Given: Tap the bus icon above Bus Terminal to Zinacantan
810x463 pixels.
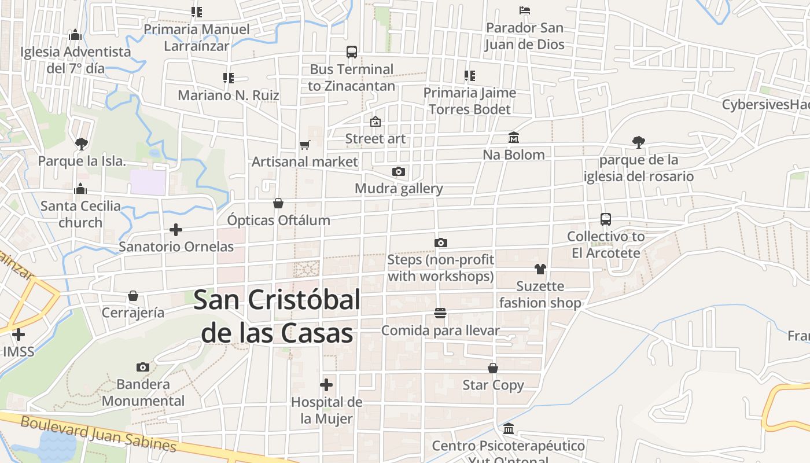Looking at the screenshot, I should coord(352,52).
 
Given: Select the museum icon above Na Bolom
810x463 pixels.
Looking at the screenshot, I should coord(514,138).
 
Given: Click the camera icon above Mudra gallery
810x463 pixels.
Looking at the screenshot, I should coord(399,171).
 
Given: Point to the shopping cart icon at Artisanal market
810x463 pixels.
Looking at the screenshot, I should coord(305,145).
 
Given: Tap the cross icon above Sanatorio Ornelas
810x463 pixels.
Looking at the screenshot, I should coord(176,230).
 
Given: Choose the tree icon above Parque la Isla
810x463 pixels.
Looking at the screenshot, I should coord(82,144).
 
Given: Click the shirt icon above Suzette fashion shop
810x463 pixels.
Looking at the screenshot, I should coord(540,269).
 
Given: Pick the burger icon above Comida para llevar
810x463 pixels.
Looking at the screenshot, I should coord(440,313).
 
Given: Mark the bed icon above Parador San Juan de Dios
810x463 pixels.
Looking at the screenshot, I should coord(525,10).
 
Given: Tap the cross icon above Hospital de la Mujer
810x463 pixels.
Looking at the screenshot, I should coord(326,385).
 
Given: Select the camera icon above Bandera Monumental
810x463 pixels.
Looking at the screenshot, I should coord(143,367).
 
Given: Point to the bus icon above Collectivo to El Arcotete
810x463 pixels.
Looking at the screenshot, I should coord(606,219).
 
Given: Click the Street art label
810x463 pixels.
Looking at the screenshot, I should coord(375,139).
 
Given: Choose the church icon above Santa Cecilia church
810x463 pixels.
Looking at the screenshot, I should coord(80,189).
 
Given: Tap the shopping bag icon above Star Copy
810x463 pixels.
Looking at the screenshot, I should coord(493,368).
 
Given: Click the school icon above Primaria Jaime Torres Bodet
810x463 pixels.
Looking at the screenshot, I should coord(470,75).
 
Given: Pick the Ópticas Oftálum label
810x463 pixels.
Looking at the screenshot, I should coord(278,221).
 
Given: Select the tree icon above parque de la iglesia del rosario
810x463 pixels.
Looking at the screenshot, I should coord(639,142).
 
